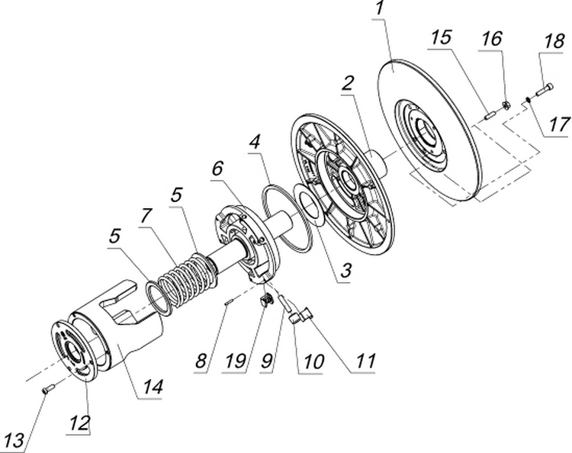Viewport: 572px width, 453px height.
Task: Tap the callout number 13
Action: tap(14, 439)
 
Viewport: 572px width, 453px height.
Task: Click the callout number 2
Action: tap(347, 85)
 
